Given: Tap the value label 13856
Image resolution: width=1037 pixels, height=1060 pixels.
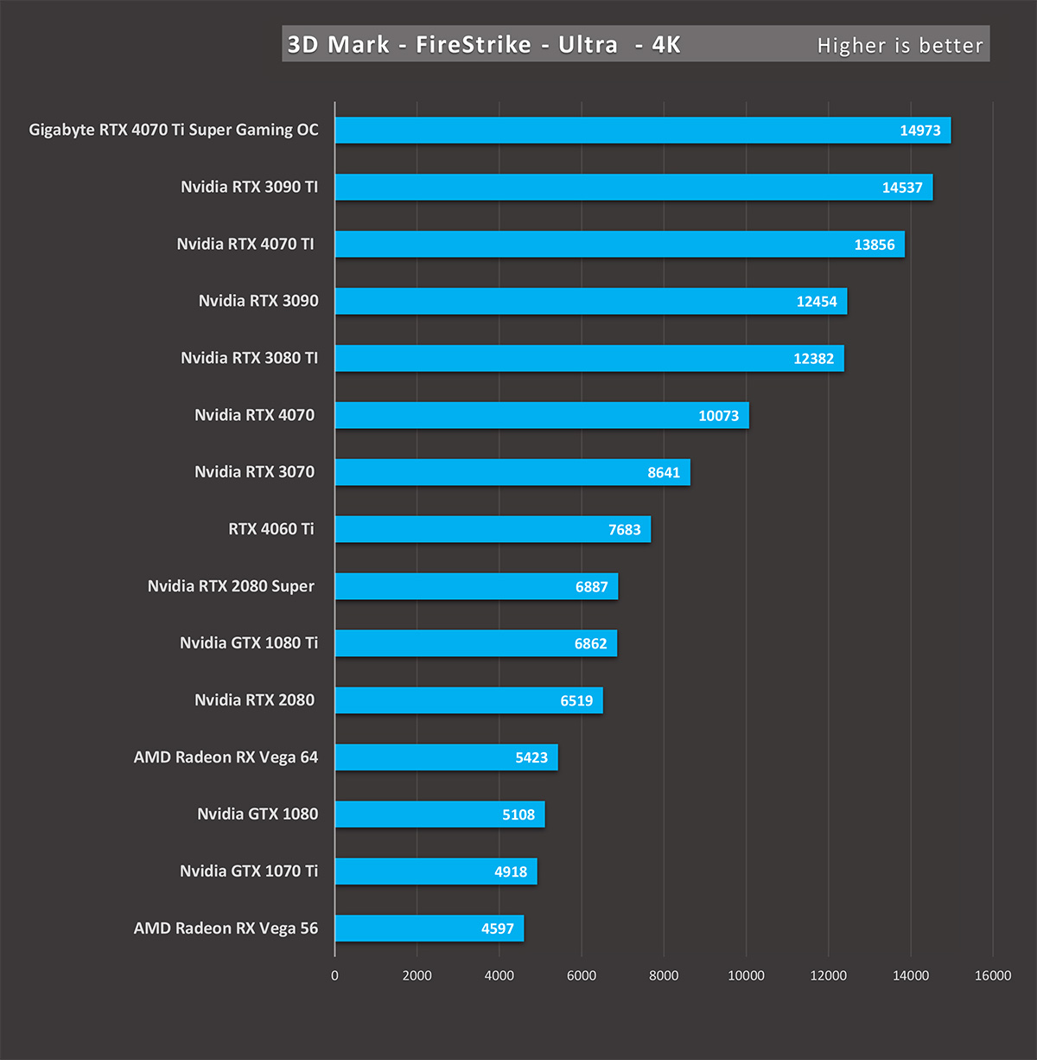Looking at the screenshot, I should [874, 245].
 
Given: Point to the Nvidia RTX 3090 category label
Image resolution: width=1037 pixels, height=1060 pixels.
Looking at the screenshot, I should [258, 301].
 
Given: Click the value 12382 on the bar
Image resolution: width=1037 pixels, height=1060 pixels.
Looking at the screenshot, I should [813, 359].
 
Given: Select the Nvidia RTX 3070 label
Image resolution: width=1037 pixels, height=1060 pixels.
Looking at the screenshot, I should [254, 472].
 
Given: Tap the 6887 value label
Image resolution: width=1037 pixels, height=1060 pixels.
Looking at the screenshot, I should [591, 587].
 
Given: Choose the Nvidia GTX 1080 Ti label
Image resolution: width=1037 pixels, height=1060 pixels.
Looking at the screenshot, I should [249, 643].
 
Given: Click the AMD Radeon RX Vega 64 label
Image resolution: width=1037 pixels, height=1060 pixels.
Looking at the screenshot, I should [226, 757].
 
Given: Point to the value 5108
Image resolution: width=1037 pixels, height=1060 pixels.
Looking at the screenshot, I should [518, 814].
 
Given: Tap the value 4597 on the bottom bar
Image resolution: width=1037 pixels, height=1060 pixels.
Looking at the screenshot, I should [497, 929].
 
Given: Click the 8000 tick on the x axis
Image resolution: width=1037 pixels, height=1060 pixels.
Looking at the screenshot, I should [664, 975].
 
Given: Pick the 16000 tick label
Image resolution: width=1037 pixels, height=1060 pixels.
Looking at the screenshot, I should [992, 975].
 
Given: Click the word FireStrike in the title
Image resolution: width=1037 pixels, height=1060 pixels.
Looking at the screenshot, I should [473, 44].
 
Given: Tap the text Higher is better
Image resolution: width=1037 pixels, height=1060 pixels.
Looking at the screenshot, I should [900, 46].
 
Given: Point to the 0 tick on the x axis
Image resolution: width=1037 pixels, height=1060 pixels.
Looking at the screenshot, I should [334, 975].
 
